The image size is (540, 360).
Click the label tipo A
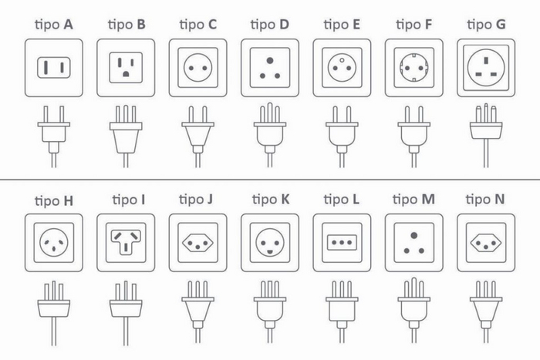54,25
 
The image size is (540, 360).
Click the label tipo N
486,200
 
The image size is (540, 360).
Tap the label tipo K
270,200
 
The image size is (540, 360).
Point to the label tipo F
414,25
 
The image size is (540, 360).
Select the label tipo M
414,200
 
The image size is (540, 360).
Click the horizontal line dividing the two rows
270,179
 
